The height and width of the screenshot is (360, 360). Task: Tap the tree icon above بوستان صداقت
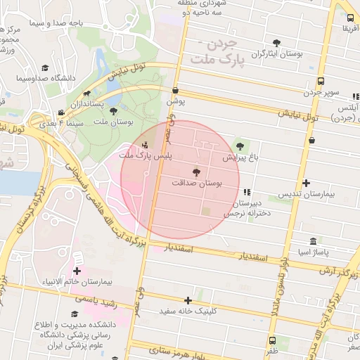tap(196, 172)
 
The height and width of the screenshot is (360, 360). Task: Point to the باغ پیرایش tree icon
tap(240, 146)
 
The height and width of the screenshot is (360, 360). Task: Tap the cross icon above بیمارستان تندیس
tap(306, 183)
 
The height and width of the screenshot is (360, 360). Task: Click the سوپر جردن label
tap(321, 92)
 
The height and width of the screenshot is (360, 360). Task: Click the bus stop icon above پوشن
tap(175, 90)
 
